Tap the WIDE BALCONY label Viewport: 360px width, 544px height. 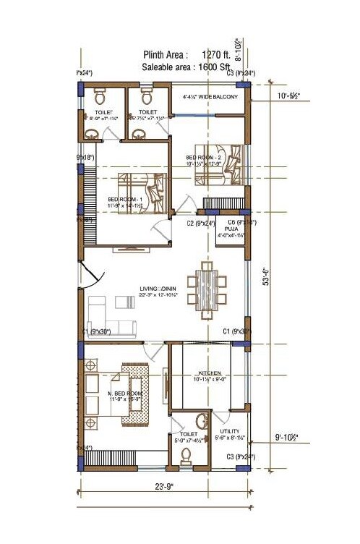210,97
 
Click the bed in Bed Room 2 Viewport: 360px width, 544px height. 230,163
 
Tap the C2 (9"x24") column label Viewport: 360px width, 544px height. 199,224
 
